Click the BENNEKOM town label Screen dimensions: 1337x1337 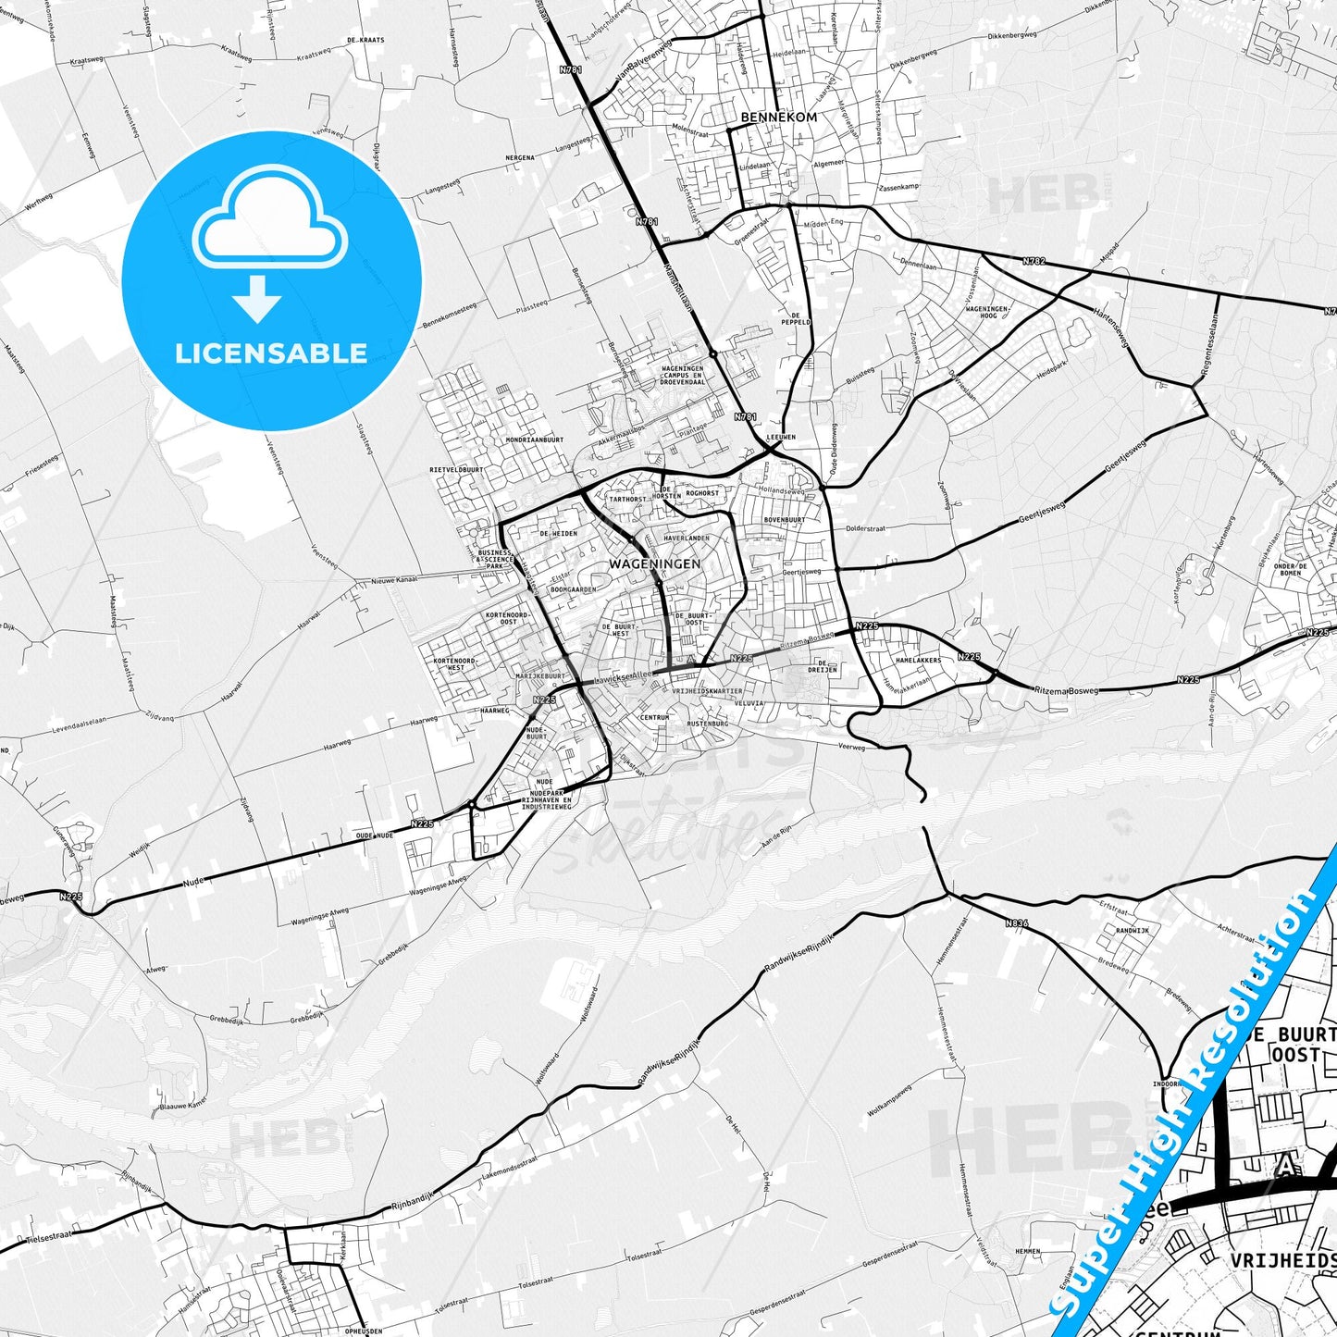click(765, 118)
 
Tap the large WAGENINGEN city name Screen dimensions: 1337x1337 click(654, 563)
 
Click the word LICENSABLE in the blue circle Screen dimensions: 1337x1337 click(271, 353)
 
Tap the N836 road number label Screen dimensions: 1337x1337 click(1016, 922)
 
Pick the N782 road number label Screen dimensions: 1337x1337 click(1034, 262)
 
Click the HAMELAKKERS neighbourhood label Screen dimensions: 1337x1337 click(918, 661)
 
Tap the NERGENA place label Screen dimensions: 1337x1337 click(520, 158)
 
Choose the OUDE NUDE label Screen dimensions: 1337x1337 click(375, 836)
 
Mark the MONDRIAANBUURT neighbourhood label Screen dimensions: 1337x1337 click(535, 439)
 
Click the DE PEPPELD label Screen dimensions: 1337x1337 click(795, 318)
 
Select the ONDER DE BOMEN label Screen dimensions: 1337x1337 click(1290, 570)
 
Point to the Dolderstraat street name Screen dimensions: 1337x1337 click(866, 529)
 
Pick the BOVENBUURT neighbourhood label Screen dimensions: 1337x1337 click(784, 520)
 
